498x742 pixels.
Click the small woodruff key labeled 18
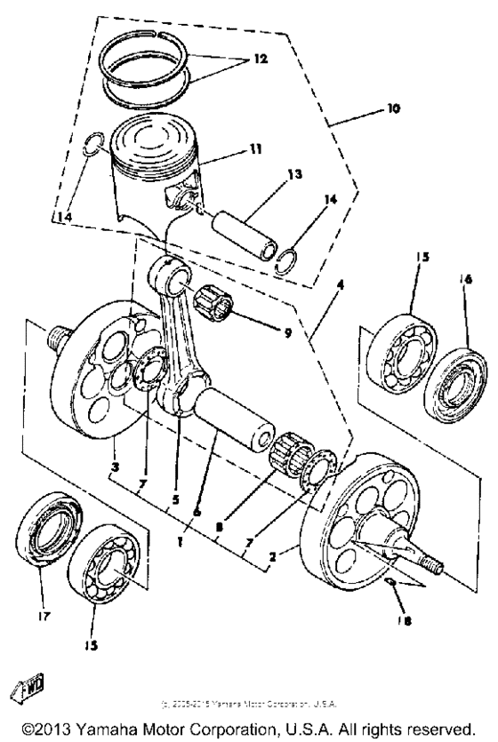tap(391, 607)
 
